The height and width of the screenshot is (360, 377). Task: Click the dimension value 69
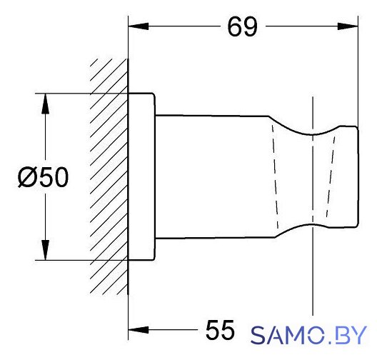242,27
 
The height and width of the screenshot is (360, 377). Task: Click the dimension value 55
220,330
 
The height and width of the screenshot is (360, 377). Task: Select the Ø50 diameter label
44,176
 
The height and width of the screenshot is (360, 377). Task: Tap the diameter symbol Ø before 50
29,177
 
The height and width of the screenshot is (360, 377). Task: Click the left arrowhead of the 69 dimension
139,26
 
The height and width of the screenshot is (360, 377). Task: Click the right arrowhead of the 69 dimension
348,26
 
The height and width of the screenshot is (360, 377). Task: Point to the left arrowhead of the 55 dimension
139,330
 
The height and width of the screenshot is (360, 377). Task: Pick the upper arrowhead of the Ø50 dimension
45,104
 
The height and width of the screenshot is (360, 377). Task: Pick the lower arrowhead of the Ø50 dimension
45,250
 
